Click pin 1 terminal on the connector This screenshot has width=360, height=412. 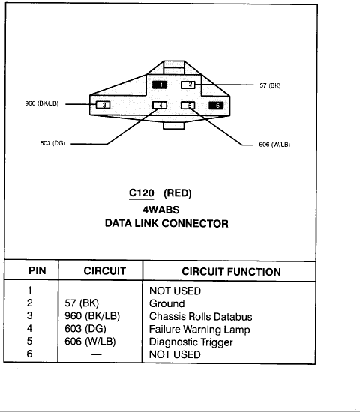pos(160,85)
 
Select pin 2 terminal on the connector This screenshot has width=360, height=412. pos(188,85)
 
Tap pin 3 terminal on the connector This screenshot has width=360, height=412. pos(103,105)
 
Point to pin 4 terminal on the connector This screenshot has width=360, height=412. pos(160,106)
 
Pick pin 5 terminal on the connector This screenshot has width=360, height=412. pos(188,106)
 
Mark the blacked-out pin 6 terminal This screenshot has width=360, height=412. pos(216,106)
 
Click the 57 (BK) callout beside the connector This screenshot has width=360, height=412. pos(270,85)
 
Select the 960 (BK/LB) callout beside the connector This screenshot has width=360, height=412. pos(42,103)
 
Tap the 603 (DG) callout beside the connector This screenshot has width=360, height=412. pos(52,143)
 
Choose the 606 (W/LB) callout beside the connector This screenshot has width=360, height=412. pos(274,145)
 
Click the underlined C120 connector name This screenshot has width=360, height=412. pos(141,193)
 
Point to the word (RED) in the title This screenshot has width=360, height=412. pos(177,193)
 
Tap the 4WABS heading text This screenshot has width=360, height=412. pos(161,210)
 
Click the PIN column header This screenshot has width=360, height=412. pos(37,270)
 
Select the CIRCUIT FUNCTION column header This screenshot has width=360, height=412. pos(231,272)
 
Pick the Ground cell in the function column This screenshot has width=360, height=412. pos(166,303)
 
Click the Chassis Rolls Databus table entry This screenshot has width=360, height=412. pos(200,316)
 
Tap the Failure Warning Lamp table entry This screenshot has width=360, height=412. pos(199,330)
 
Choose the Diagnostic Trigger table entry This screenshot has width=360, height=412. pos(190,342)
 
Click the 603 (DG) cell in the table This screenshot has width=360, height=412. pos(85,329)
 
